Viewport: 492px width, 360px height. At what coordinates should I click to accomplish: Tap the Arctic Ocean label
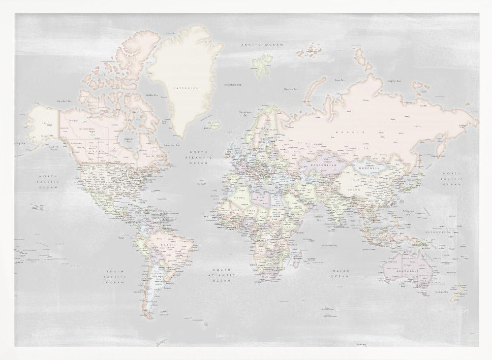pyautogui.click(x=262, y=45)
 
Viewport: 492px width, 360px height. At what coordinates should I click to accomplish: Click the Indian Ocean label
pyautogui.click(x=340, y=274)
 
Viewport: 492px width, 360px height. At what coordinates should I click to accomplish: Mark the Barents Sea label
pyautogui.click(x=291, y=89)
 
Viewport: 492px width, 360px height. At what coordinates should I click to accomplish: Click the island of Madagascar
pyautogui.click(x=297, y=257)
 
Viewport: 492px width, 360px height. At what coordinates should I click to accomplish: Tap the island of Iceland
pyautogui.click(x=213, y=125)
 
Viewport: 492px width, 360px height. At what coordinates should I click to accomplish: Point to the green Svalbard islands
pyautogui.click(x=262, y=64)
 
